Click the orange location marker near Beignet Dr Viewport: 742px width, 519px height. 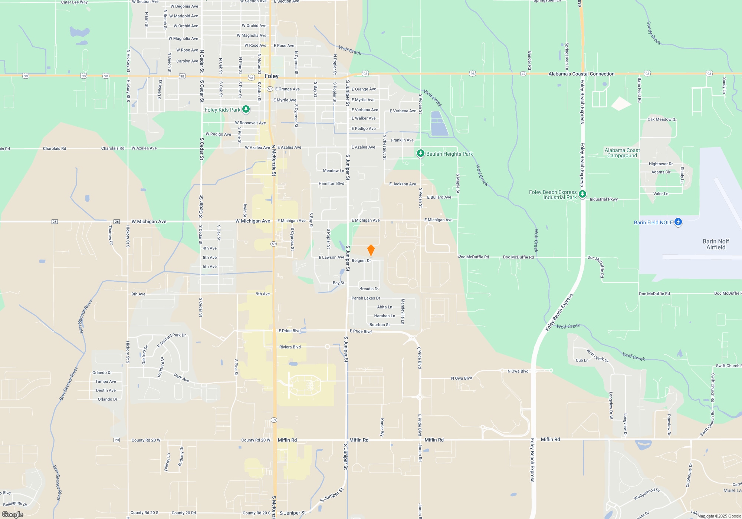(371, 250)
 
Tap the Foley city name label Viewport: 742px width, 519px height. (272, 76)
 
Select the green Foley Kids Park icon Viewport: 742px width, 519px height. (246, 109)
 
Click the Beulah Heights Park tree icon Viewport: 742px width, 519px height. (420, 153)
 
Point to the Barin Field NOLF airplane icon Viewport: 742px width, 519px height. (678, 222)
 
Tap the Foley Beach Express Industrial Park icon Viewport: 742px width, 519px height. (582, 194)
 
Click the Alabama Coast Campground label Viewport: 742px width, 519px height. (622, 153)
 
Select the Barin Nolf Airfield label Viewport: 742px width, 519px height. (716, 244)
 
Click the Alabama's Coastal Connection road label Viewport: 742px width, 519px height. (581, 74)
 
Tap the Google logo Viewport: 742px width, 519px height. (13, 514)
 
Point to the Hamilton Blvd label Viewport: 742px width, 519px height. (331, 184)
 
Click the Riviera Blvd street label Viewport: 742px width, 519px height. (290, 347)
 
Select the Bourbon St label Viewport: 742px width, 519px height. (380, 325)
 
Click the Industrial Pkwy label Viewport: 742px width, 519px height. (604, 199)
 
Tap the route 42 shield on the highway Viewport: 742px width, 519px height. (523, 74)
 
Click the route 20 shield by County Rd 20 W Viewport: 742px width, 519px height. (117, 440)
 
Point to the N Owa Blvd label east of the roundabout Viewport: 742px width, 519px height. (518, 371)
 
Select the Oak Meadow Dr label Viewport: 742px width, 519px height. (661, 119)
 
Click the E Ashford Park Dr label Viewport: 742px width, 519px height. (171, 340)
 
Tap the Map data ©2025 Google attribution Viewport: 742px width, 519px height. (719, 516)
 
